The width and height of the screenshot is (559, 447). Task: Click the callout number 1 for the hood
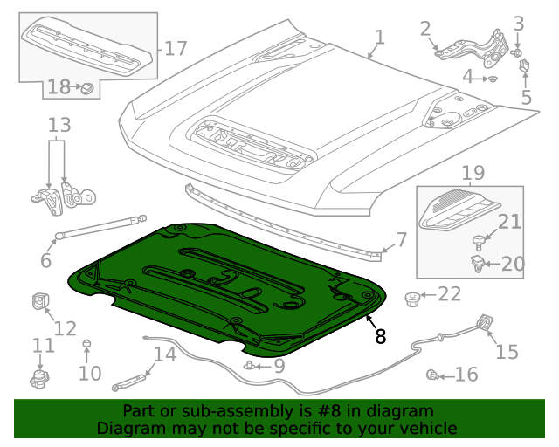[x=379, y=37]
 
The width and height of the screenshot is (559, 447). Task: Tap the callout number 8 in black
[x=380, y=336]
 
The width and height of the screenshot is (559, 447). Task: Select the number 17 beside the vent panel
[x=176, y=48]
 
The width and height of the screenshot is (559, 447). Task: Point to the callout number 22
[x=449, y=294]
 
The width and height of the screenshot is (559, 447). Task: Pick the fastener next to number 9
[x=252, y=366]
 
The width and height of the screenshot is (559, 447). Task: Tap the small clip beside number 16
[x=431, y=375]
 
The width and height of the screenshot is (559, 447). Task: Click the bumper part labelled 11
[x=38, y=381]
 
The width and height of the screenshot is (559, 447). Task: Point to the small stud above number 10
[x=86, y=344]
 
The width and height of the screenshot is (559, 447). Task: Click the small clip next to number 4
[x=493, y=79]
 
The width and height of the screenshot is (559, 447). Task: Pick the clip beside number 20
[x=478, y=263]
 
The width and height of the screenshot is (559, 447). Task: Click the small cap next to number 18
[x=87, y=87]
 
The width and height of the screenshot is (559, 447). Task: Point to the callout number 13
[x=59, y=126]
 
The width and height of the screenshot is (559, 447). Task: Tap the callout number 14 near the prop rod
[x=164, y=354]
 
